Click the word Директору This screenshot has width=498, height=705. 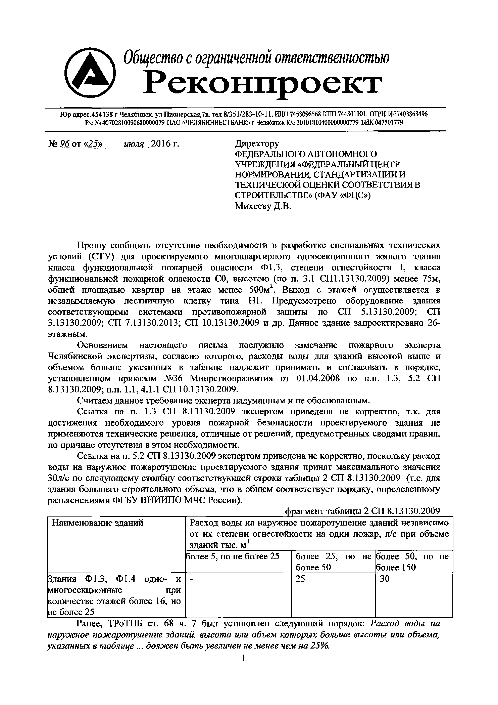[257, 144]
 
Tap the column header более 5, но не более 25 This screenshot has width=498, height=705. [233, 556]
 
